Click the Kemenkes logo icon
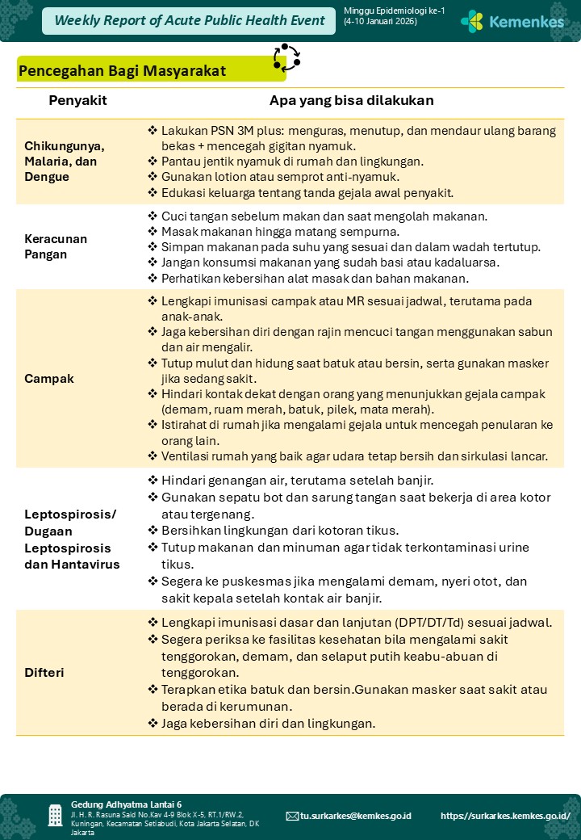pos(472,21)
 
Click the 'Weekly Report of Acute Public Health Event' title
pos(190,21)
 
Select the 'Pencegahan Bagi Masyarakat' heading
pos(122,70)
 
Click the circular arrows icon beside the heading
pos(286,58)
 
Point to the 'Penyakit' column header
pos(77,101)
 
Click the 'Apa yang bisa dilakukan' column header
pos(352,101)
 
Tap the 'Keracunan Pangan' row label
pos(56,246)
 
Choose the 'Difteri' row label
pos(44,672)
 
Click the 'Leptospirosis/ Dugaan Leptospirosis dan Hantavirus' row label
pos(72,540)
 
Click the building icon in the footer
pos(55,815)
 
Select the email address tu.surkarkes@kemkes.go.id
pos(355,816)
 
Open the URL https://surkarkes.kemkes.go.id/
pos(505,816)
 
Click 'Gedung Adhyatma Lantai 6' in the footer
pos(126,804)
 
